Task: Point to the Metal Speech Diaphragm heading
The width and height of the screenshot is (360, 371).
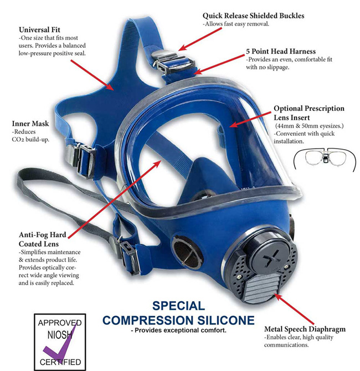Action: tap(305, 329)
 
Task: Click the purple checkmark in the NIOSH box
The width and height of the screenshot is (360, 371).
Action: tap(63, 341)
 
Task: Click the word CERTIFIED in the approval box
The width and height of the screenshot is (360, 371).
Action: tap(60, 361)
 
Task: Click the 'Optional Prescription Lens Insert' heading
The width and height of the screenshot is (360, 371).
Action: tap(308, 113)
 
